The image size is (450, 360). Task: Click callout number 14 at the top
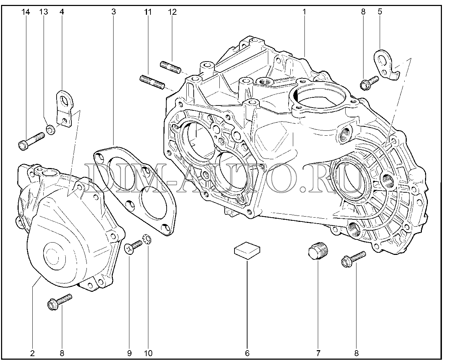pyautogui.click(x=26, y=12)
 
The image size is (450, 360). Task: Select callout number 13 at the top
pyautogui.click(x=44, y=12)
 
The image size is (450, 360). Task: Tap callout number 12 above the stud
pyautogui.click(x=172, y=12)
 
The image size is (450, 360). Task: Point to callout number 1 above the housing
pyautogui.click(x=304, y=12)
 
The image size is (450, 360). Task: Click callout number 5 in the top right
pyautogui.click(x=380, y=12)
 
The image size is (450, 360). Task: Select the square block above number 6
pyautogui.click(x=247, y=250)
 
